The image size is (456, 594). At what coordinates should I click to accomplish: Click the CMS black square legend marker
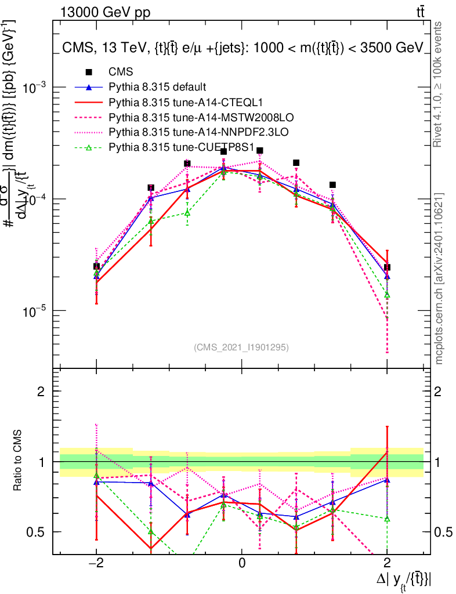[89, 72]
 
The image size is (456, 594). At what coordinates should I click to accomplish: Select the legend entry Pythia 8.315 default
[157, 87]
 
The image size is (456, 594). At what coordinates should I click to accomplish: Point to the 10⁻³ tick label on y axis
[35, 87]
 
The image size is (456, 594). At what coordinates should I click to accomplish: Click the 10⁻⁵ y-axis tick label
[35, 312]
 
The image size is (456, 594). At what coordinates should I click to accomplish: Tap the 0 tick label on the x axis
[242, 563]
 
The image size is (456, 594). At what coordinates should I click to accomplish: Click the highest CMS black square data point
[260, 151]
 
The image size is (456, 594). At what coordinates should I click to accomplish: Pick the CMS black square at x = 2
[387, 267]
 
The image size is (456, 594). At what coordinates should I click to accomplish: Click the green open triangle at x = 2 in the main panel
[387, 295]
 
